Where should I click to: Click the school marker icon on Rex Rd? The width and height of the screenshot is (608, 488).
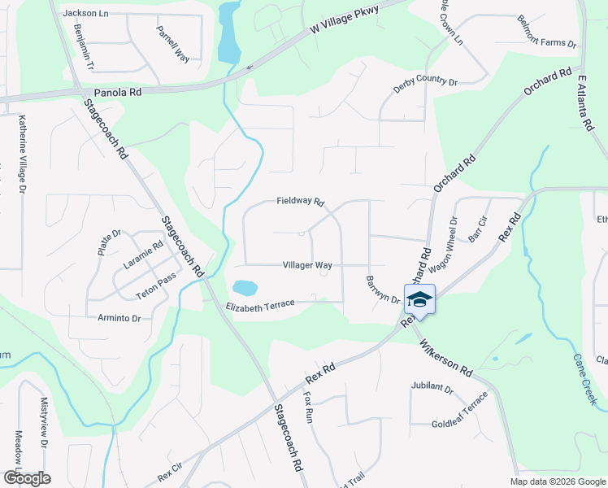tap(420, 299)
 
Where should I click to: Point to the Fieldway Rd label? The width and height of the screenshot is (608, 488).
tap(301, 201)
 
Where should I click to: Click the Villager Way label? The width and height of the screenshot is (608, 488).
tap(307, 265)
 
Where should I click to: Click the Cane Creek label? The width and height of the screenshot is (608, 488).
tap(584, 371)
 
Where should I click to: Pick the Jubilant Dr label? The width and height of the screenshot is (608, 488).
tap(432, 390)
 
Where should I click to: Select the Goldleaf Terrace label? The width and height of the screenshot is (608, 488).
tap(460, 410)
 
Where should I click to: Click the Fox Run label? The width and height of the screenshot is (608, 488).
tap(308, 407)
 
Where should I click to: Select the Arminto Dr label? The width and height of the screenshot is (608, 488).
tap(119, 318)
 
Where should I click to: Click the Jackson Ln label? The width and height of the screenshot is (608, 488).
tap(85, 13)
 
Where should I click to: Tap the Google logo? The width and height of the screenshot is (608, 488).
tap(26, 477)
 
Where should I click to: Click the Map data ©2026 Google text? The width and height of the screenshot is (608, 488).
tap(557, 481)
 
